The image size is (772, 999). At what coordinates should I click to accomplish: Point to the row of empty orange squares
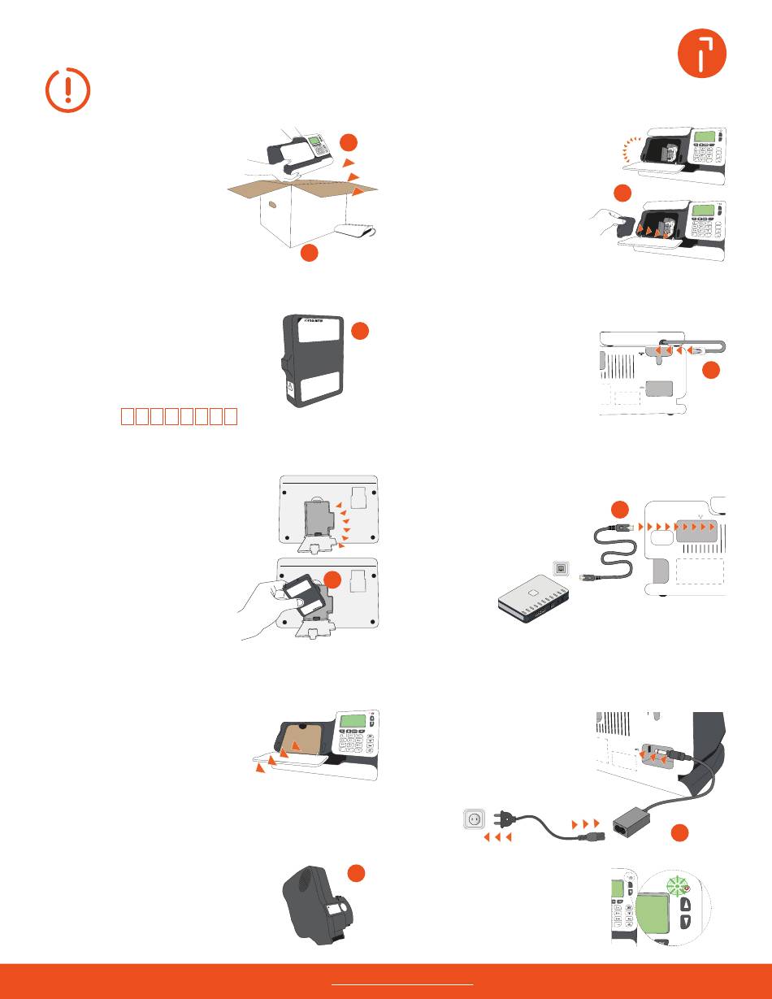179,417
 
